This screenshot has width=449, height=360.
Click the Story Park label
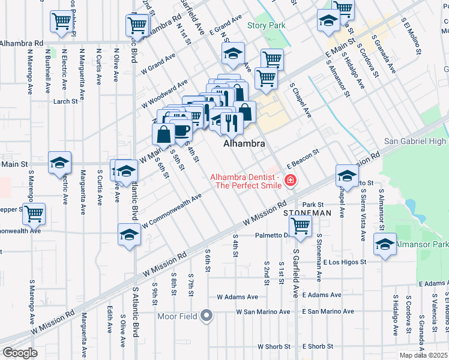pyautogui.click(x=267, y=26)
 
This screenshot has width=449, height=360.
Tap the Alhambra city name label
pyautogui.click(x=244, y=144)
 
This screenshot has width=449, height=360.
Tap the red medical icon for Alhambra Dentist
pyautogui.click(x=291, y=180)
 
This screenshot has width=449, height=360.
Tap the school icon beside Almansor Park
pyautogui.click(x=385, y=245)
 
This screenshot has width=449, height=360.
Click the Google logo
pyautogui.click(x=20, y=352)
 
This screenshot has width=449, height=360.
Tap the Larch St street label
pyautogui.click(x=66, y=101)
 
